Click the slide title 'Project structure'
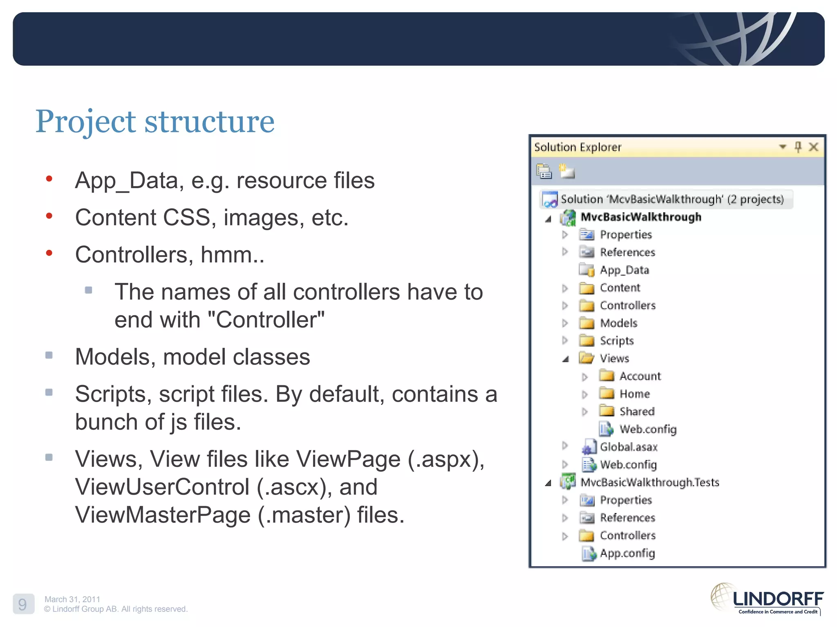tap(155, 121)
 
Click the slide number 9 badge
tap(23, 604)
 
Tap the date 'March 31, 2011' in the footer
tap(72, 599)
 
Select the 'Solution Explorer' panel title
tap(577, 147)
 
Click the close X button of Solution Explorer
tap(813, 147)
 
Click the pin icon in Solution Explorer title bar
tap(798, 147)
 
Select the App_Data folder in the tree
tap(624, 270)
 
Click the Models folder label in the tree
tap(618, 323)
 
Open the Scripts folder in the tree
tap(616, 341)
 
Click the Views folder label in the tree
tap(614, 358)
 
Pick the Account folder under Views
tap(640, 376)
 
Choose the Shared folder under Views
tap(637, 411)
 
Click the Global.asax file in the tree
tap(628, 447)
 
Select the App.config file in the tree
tap(627, 554)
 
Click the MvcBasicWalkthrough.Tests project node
tap(649, 482)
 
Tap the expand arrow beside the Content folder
tap(565, 288)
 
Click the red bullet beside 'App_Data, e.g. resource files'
tap(49, 179)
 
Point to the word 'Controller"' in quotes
tap(270, 320)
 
